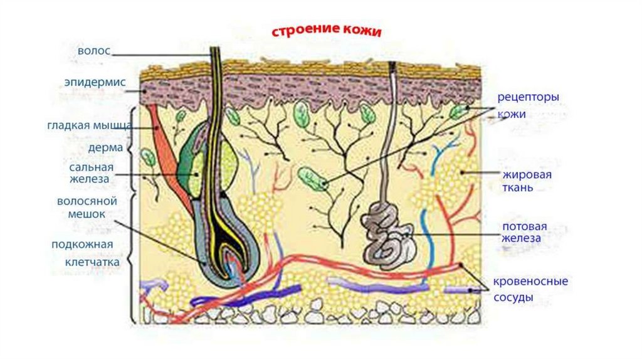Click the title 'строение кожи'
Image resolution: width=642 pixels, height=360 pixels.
pyautogui.click(x=326, y=31)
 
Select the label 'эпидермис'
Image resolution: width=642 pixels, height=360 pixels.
pyautogui.click(x=95, y=83)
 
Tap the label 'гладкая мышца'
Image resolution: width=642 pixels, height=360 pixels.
pyautogui.click(x=88, y=125)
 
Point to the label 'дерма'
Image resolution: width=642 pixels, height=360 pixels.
pyautogui.click(x=105, y=149)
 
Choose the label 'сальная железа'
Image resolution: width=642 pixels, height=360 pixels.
pyautogui.click(x=91, y=173)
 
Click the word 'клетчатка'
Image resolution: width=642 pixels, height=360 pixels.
pyautogui.click(x=92, y=262)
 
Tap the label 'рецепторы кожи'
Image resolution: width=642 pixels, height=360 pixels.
pyautogui.click(x=528, y=105)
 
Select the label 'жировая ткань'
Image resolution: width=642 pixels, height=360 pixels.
pyautogui.click(x=526, y=180)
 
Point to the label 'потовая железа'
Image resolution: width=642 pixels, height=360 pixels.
pyautogui.click(x=524, y=232)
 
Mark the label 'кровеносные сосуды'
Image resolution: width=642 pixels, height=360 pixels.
pyautogui.click(x=530, y=289)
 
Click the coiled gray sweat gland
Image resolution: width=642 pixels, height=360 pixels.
pyautogui.click(x=389, y=235)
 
